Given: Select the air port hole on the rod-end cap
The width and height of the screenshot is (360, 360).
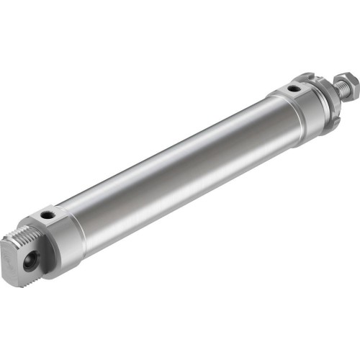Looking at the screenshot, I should coord(294,89).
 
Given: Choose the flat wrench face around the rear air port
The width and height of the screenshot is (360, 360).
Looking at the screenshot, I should coord(52,217).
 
